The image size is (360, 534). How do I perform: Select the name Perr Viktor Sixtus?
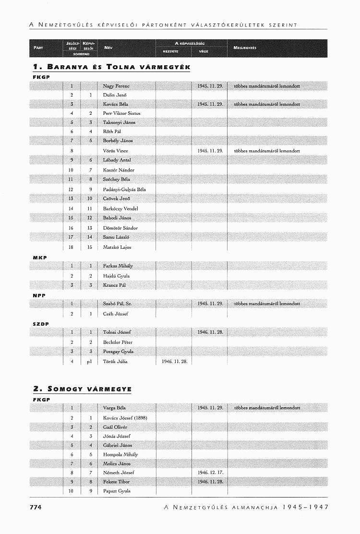coord(121,113)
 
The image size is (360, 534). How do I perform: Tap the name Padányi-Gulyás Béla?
coord(124,189)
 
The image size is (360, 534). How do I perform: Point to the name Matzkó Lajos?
coord(117,247)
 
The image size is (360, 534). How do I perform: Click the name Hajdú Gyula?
coord(116,276)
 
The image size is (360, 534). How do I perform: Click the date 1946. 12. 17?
coord(210,473)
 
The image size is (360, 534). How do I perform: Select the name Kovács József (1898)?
coord(125,418)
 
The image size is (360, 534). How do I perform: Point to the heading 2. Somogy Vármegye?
coord(82,388)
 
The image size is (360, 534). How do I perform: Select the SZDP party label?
coord(41,324)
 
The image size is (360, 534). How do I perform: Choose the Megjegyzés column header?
coord(245,48)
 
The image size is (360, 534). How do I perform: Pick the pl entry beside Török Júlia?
coord(89,361)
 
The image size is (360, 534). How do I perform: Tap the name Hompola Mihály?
coord(120,454)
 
